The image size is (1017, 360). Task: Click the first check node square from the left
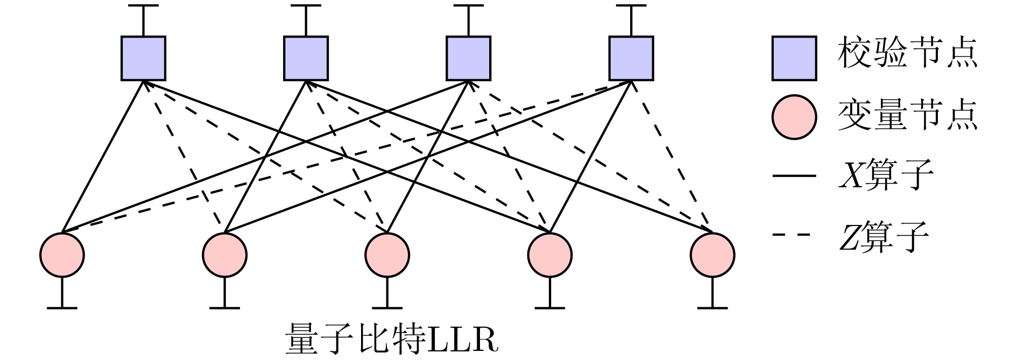143,58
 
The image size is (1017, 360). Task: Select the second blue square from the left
306,58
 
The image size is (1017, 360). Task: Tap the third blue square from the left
468,58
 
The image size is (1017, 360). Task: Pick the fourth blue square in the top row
631,58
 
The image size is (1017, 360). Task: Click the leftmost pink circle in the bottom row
62,255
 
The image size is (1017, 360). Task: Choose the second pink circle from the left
224,255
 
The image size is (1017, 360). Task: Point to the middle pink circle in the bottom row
387,255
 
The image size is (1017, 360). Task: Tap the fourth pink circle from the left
550,255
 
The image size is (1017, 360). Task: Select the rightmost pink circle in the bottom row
712,255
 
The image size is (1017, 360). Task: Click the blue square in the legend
794,58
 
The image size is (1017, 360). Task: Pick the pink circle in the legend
794,117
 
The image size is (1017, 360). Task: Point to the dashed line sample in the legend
794,235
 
